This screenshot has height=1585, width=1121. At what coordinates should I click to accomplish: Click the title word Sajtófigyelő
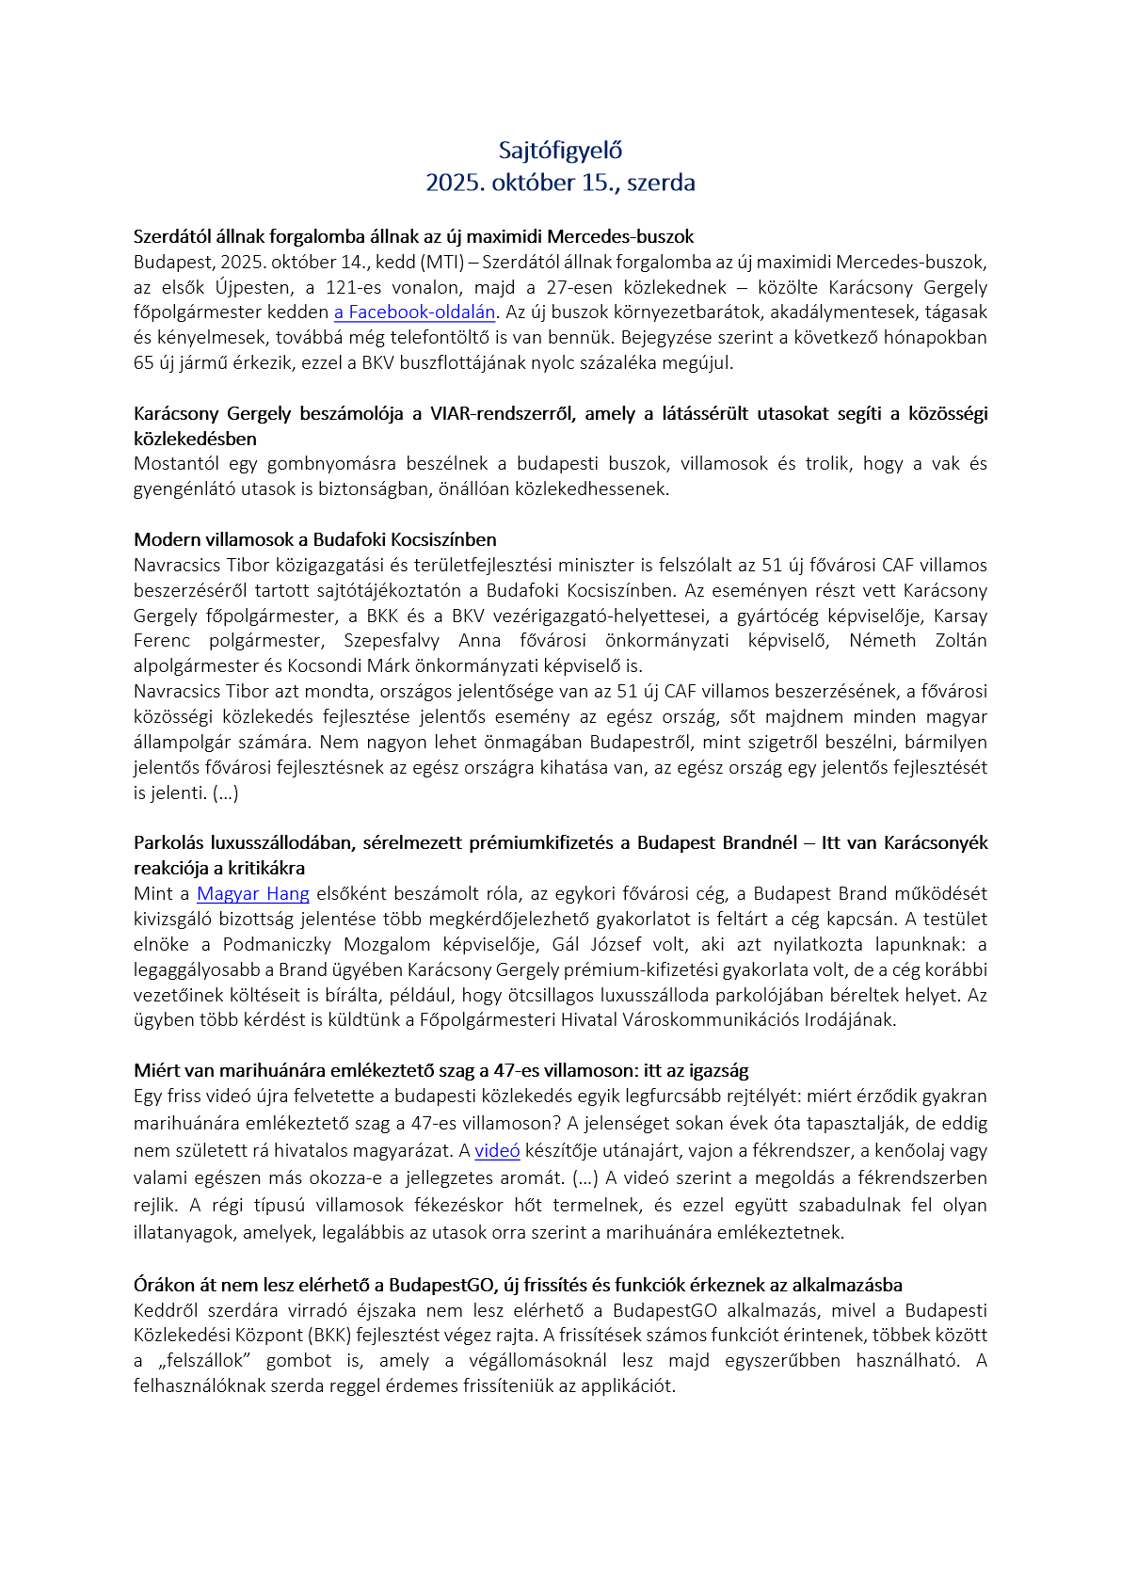(560, 151)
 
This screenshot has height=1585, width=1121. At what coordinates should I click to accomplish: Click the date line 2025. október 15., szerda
(560, 183)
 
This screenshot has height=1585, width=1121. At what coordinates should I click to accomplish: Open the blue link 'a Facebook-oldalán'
(414, 312)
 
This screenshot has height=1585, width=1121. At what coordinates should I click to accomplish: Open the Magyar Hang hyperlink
(253, 894)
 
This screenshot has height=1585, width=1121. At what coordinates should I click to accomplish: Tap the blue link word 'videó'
(497, 1151)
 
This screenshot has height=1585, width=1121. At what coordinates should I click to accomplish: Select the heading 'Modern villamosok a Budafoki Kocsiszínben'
(315, 540)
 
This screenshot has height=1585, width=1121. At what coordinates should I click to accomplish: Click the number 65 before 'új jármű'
(143, 363)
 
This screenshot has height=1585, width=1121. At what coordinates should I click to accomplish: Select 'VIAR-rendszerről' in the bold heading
(503, 414)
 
